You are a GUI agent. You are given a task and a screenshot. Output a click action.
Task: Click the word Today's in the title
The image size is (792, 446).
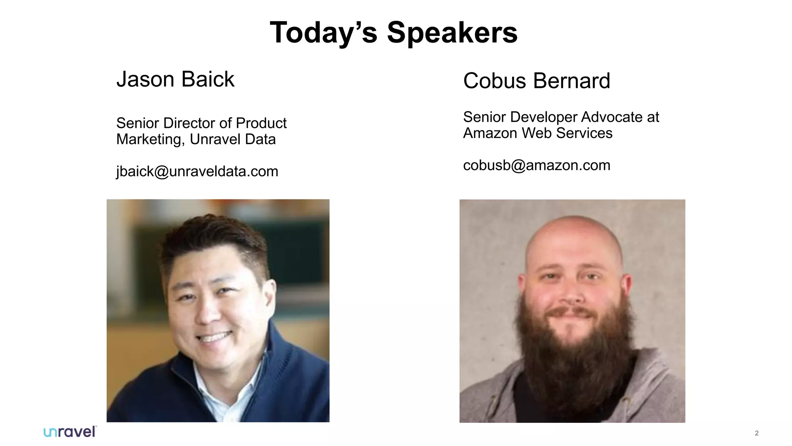pos(323,33)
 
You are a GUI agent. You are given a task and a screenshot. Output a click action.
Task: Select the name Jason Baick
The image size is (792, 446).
pos(175,79)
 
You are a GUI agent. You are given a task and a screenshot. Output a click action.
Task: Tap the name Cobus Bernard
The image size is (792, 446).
pos(536,81)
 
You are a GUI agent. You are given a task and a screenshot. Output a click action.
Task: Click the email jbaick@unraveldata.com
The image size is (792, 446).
pos(197,172)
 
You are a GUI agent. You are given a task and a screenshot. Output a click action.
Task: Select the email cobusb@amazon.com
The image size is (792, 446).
pos(536,165)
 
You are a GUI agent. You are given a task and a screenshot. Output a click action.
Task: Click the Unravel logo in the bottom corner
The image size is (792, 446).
pos(70,432)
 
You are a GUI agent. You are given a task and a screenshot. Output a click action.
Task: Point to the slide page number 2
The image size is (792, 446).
pos(756,433)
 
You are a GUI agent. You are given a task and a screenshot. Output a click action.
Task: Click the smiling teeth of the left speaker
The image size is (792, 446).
pos(215,337)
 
